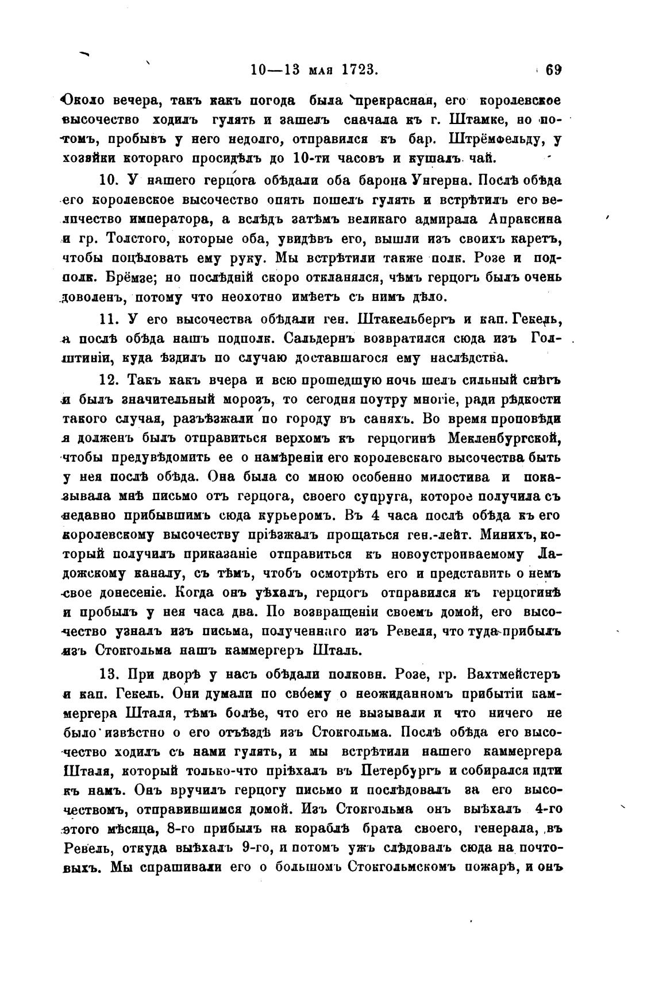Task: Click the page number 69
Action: point(553,70)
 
